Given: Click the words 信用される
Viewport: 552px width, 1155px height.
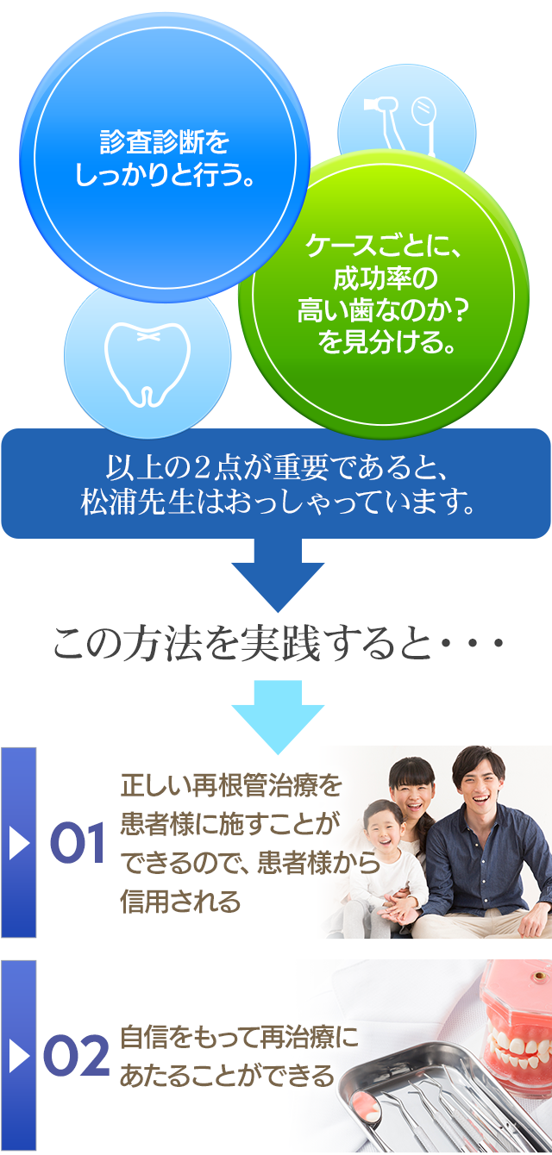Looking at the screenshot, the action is coord(180,902).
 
